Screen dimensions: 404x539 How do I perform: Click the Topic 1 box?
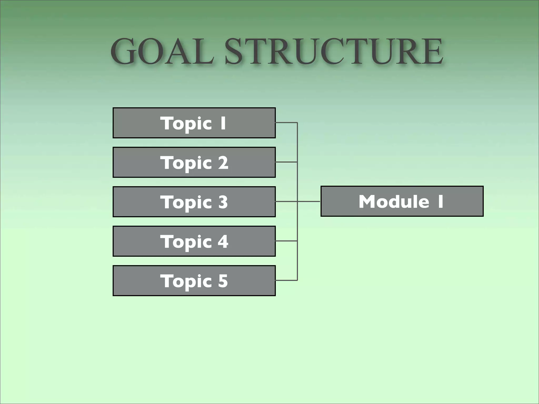click(x=194, y=123)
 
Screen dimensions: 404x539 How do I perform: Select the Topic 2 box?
click(x=194, y=162)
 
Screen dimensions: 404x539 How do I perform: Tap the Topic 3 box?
click(x=194, y=202)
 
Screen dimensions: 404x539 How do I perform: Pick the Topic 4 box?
click(x=194, y=241)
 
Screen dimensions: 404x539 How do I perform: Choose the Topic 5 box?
click(x=194, y=281)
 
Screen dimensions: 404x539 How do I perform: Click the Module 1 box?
click(x=402, y=201)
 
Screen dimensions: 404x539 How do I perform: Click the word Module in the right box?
click(x=394, y=201)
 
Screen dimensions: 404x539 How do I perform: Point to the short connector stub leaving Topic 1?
click(x=286, y=123)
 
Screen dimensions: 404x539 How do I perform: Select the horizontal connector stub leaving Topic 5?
click(x=286, y=280)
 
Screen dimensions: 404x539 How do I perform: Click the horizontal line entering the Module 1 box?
click(x=309, y=201)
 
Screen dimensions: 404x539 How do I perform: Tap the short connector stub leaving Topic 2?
click(x=286, y=162)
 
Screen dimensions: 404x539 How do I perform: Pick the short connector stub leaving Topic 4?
click(x=286, y=241)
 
